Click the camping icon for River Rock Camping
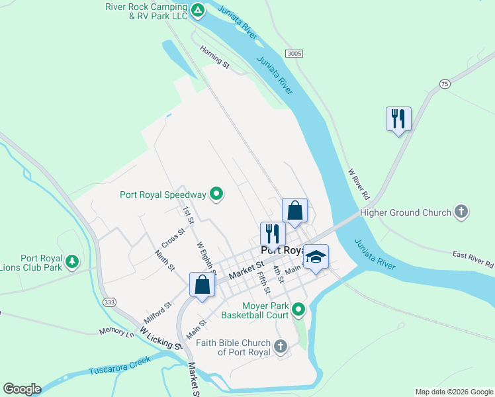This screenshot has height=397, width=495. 198,11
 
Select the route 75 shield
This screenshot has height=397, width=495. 445,83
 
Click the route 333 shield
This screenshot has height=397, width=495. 110,302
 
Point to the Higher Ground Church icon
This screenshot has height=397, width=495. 461,212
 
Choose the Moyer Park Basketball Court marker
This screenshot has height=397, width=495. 299,309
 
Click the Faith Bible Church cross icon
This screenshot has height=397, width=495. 281,347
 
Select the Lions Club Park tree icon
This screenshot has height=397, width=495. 72,263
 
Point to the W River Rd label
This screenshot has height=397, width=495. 358,184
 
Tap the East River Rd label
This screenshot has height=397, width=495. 473,259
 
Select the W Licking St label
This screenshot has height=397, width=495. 161,337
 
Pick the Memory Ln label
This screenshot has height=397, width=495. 116,331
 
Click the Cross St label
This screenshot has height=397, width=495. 173,235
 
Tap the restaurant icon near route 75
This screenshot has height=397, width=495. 398,119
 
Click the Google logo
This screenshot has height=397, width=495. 22,389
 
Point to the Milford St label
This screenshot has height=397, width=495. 157,312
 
